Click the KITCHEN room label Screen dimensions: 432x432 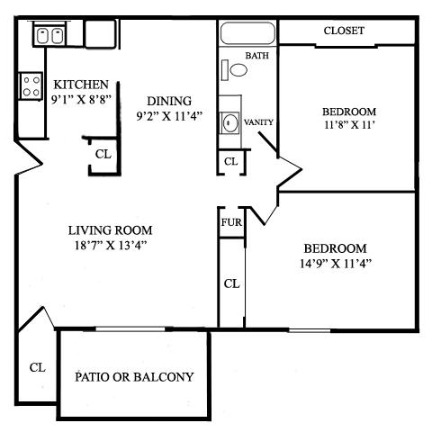tap(81, 84)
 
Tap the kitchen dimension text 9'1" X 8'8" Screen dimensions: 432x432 tap(81, 100)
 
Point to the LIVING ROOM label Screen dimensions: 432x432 tap(113, 229)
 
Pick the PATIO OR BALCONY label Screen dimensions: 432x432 tap(134, 377)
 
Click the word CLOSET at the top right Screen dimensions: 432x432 tap(344, 31)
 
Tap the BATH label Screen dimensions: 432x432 tap(258, 56)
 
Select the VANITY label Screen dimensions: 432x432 tap(258, 121)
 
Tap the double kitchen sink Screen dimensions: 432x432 tap(49, 36)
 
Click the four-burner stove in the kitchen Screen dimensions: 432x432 tap(31, 86)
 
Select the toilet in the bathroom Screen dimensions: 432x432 tap(237, 68)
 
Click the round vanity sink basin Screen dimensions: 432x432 tap(230, 121)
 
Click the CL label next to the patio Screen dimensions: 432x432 tap(37, 367)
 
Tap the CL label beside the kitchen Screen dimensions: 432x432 tap(103, 154)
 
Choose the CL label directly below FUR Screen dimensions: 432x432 tap(231, 283)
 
